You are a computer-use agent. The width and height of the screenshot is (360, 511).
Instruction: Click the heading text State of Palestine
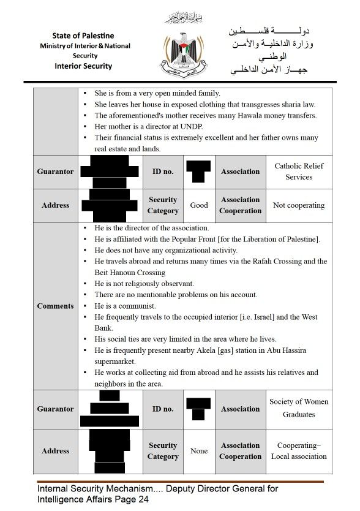click(x=83, y=36)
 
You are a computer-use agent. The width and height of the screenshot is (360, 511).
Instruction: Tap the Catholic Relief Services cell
click(x=299, y=172)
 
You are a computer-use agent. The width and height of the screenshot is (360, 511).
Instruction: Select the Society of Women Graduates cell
click(x=299, y=408)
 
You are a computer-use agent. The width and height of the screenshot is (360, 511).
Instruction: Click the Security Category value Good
click(x=199, y=205)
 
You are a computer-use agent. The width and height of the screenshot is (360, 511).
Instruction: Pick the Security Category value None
click(x=199, y=451)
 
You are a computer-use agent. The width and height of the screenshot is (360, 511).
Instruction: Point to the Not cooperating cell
click(x=299, y=205)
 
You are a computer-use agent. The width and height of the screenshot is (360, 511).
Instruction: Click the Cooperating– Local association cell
click(x=299, y=451)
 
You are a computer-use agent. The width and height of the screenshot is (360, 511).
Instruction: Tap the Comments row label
click(x=55, y=306)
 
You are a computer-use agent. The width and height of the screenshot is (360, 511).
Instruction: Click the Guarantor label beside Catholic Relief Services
click(x=55, y=172)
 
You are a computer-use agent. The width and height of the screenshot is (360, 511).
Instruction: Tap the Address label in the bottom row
click(x=55, y=451)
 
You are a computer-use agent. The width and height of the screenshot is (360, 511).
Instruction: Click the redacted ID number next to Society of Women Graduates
click(x=198, y=409)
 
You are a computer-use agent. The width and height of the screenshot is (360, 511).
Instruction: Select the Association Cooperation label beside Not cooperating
click(x=240, y=205)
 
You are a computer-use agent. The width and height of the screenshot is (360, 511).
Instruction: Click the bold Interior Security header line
click(x=83, y=66)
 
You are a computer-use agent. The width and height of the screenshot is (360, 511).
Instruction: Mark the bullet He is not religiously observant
click(x=144, y=284)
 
